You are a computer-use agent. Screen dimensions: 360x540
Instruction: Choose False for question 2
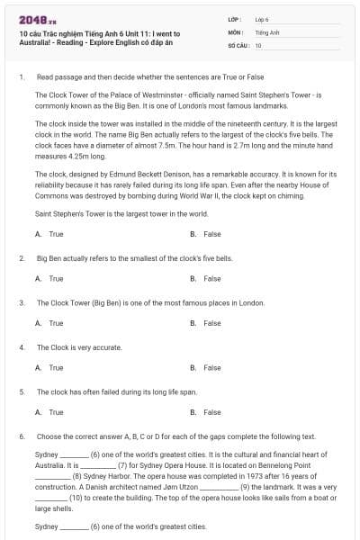tap(211, 279)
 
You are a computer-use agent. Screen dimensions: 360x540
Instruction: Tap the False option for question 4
tap(211, 367)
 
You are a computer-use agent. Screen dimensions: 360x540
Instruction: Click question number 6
tap(21, 436)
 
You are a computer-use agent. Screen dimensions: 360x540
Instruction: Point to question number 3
tap(21, 303)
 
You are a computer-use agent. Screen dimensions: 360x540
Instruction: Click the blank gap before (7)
tap(98, 466)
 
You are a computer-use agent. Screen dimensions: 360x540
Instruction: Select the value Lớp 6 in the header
tap(263, 19)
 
